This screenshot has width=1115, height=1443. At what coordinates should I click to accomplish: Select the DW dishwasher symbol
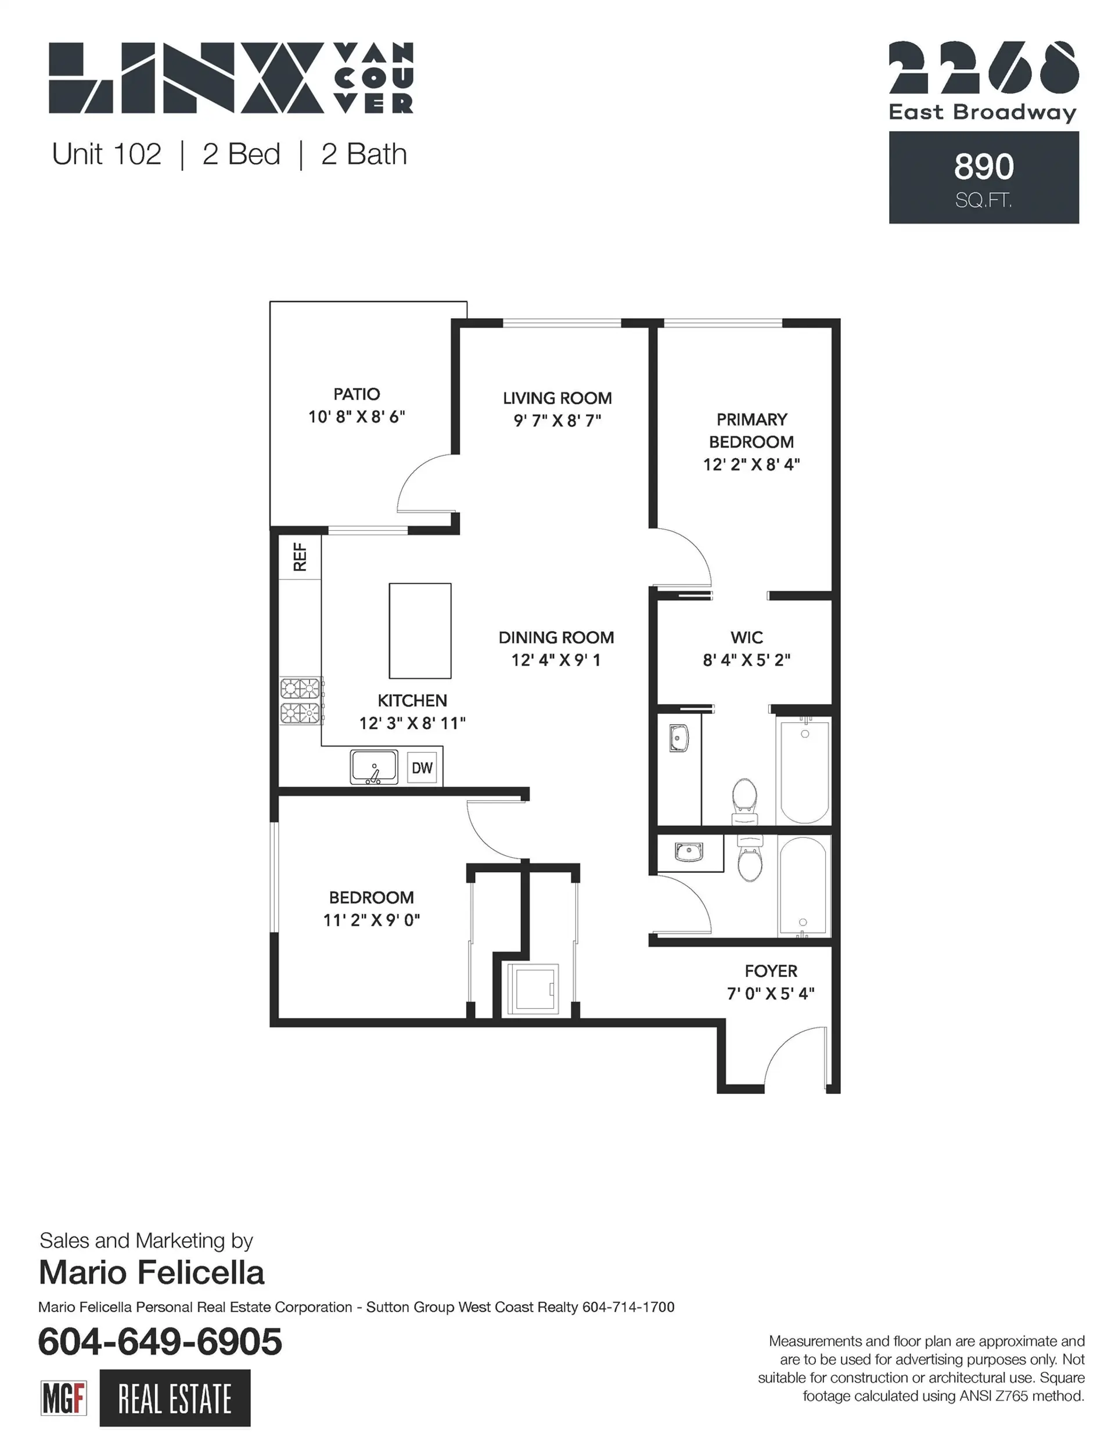pyautogui.click(x=422, y=768)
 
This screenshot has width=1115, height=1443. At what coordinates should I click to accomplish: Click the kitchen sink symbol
pyautogui.click(x=374, y=767)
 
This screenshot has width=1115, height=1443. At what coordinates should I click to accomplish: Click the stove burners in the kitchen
pyautogui.click(x=301, y=701)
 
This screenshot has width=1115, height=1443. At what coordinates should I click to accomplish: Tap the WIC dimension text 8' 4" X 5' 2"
pyautogui.click(x=746, y=660)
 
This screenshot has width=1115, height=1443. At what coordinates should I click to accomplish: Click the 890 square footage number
pyautogui.click(x=984, y=167)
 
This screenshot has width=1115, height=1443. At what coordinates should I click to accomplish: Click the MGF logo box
pyautogui.click(x=63, y=1397)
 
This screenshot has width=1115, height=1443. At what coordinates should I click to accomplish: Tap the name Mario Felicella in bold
pyautogui.click(x=152, y=1272)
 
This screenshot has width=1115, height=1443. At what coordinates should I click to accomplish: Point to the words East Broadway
pyautogui.click(x=982, y=112)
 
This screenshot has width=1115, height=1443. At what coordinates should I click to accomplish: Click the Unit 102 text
pyautogui.click(x=106, y=154)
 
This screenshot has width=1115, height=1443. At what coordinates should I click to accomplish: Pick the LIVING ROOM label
pyautogui.click(x=557, y=398)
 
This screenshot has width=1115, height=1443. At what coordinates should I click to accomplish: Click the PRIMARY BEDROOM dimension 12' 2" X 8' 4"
pyautogui.click(x=751, y=464)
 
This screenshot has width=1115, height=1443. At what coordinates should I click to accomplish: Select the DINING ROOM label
pyautogui.click(x=556, y=637)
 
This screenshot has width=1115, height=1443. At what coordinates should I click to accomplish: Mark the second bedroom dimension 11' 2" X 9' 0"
pyautogui.click(x=372, y=920)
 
